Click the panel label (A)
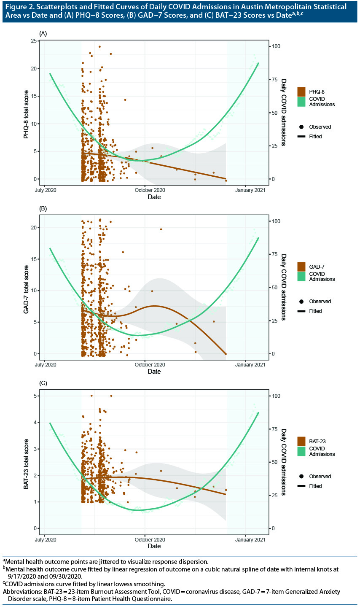[43, 33]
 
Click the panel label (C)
[43, 383]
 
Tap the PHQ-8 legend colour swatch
[301, 91]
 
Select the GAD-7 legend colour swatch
[301, 267]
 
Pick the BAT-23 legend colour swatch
[301, 441]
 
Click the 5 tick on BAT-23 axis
[33, 396]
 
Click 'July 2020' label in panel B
[45, 365]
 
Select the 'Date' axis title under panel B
[154, 372]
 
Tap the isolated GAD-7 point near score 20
[161, 229]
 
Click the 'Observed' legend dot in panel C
[301, 476]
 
